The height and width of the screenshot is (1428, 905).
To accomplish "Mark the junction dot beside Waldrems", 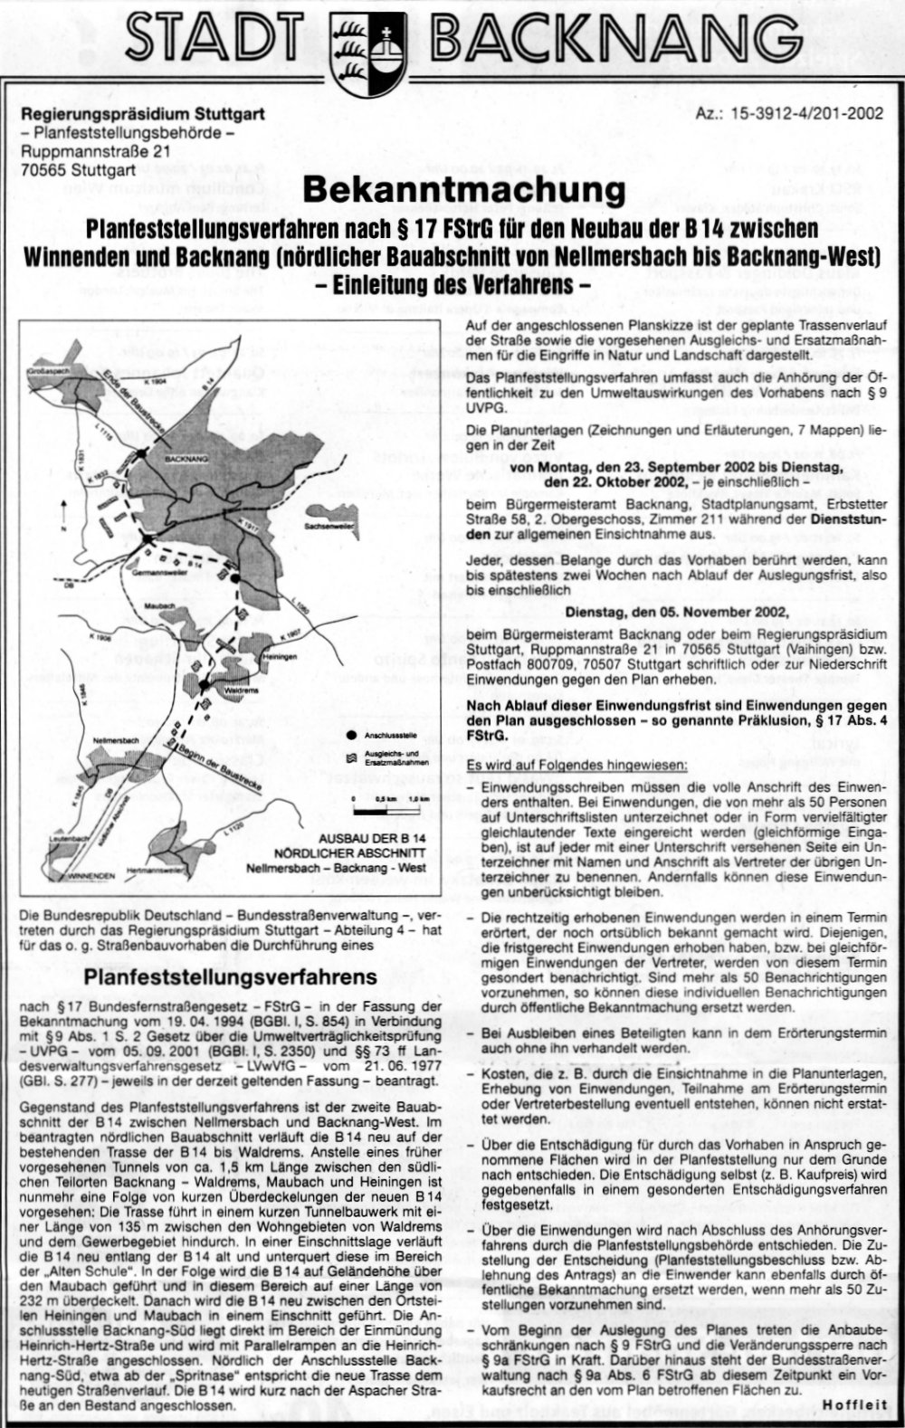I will click(x=205, y=685).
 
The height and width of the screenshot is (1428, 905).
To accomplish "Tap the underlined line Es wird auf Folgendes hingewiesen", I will click(x=576, y=766).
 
